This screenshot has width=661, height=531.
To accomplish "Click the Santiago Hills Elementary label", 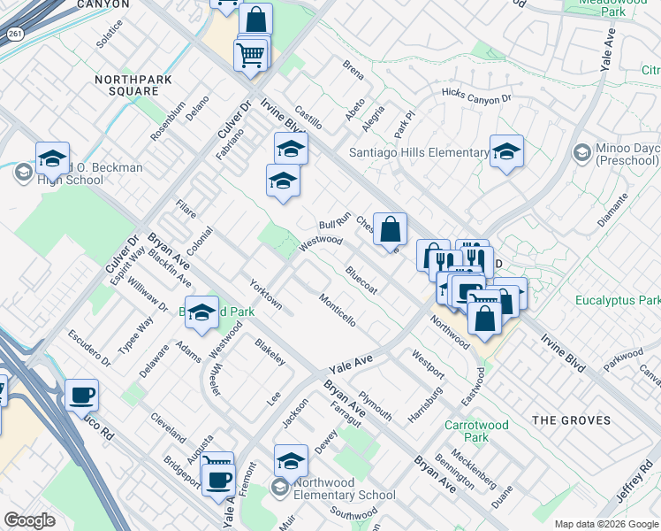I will point(418,152).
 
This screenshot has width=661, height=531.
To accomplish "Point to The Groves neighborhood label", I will point(571,419).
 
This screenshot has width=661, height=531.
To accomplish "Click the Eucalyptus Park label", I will point(618,301).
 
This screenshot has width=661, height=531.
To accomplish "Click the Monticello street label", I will point(338,311).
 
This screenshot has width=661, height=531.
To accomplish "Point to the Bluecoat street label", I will point(361,281).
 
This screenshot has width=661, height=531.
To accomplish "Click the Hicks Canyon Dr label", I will point(476,94).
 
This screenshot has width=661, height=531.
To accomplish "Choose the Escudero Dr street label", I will point(89,349).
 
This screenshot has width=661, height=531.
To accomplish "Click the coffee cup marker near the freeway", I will point(82,397).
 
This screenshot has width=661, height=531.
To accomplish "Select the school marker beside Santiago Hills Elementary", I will point(507,152).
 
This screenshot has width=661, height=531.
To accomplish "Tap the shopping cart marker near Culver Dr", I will point(251,55).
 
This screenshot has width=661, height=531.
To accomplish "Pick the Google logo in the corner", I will point(29,520).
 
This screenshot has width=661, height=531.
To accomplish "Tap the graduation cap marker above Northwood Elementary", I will point(291,461).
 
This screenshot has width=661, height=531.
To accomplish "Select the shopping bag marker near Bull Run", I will point(390,230).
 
